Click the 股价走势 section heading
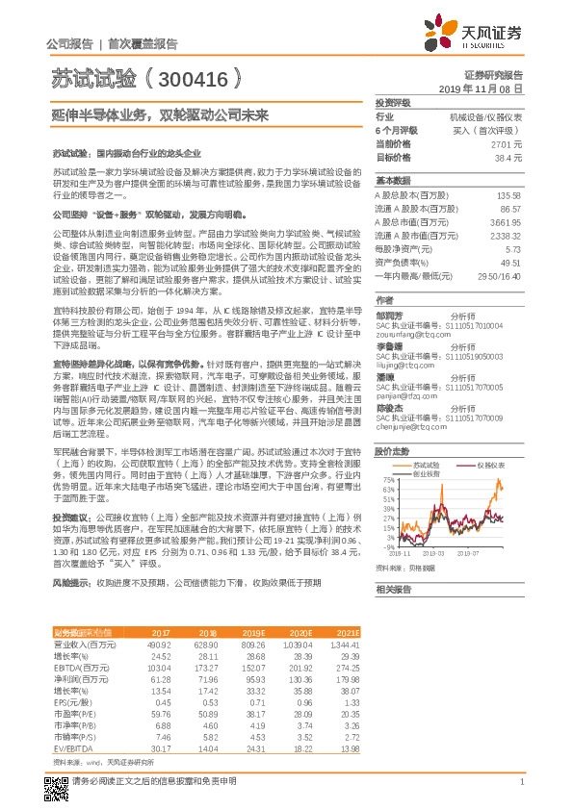pyautogui.click(x=392, y=451)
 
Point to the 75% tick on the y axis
pyautogui.click(x=386, y=478)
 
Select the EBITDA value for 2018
pyautogui.click(x=204, y=666)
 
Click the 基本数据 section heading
pyautogui.click(x=392, y=181)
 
